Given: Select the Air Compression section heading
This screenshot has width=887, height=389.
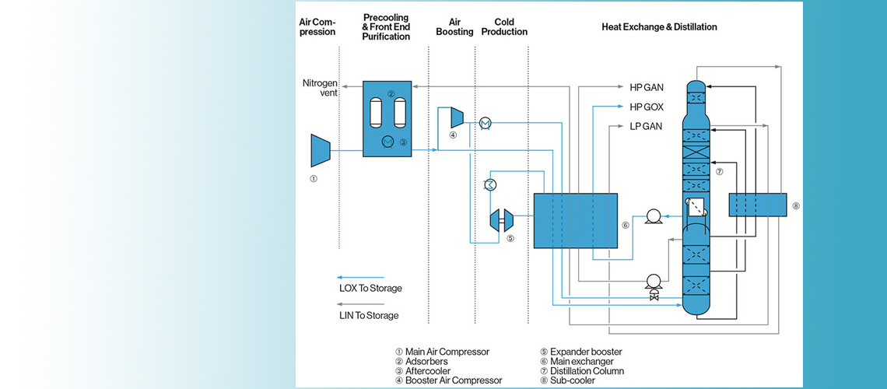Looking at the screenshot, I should (317, 27).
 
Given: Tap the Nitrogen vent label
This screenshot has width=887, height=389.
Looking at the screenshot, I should (321, 87).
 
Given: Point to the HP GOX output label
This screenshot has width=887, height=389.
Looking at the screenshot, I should (647, 107).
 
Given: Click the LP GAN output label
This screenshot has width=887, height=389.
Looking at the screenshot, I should (646, 126).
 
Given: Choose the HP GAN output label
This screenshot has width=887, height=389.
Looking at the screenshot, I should (646, 87).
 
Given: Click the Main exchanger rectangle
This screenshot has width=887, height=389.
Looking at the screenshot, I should (575, 221).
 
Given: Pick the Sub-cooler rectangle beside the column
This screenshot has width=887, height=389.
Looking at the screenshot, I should (758, 205).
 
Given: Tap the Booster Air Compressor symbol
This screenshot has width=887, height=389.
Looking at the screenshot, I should (456, 117).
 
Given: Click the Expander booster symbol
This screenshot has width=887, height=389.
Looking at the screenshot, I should (499, 220).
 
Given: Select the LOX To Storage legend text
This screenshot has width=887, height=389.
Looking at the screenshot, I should (370, 289).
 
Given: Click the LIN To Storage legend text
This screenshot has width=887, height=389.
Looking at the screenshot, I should (369, 315).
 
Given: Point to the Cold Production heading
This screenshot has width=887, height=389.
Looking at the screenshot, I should (504, 27).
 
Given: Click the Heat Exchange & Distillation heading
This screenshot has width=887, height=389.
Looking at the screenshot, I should (659, 27).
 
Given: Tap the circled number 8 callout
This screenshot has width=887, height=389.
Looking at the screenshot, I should (796, 206).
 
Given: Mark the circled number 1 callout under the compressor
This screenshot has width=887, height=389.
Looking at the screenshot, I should (314, 178).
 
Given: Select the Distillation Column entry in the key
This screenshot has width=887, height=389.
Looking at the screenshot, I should (583, 371).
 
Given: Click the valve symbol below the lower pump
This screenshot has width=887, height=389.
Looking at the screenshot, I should (654, 296).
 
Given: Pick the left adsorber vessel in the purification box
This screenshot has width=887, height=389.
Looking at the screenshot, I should (377, 113).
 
